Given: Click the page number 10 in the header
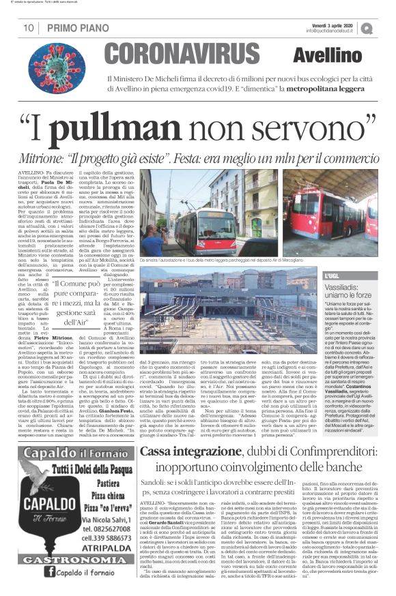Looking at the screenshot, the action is [x=28, y=28].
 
